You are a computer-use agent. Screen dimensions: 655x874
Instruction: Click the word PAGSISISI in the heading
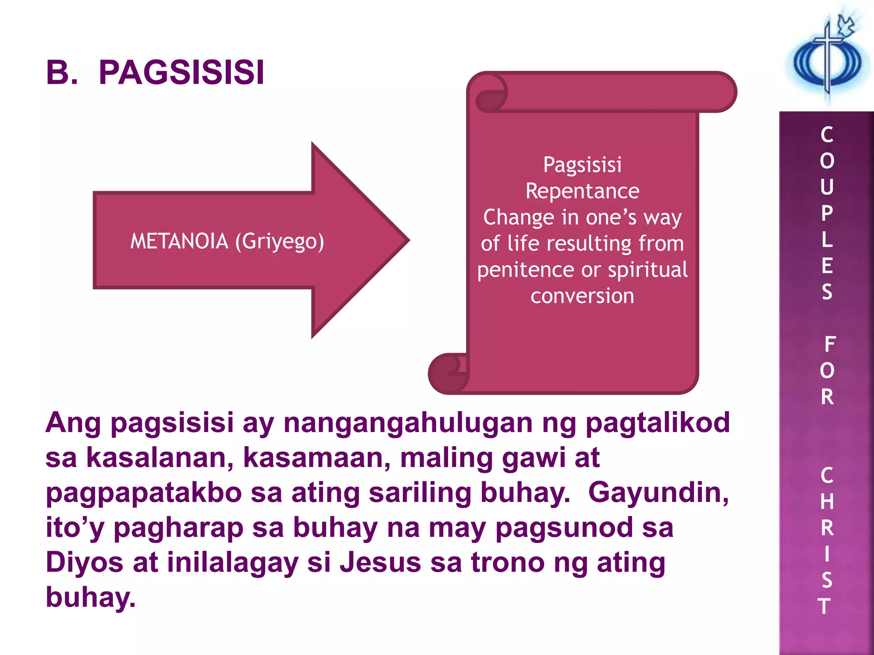point(181,72)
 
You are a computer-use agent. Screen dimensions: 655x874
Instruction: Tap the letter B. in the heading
point(61,72)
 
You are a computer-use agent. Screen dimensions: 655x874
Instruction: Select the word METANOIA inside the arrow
point(179,241)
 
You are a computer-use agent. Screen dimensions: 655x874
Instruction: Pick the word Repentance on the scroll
point(583,191)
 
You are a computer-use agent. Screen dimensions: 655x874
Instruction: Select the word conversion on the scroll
point(583,296)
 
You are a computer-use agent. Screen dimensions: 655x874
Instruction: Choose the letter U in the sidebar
point(827,187)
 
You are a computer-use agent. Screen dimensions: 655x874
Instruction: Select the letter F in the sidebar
point(830,344)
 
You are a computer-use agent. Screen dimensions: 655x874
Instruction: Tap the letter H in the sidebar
point(827,502)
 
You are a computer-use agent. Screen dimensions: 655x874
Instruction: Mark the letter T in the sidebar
point(824,606)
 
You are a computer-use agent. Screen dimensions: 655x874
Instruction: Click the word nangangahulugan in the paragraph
point(408,423)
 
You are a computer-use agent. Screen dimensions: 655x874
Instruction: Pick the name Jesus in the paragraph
point(380,562)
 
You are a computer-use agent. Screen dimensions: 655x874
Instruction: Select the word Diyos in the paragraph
point(84,562)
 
